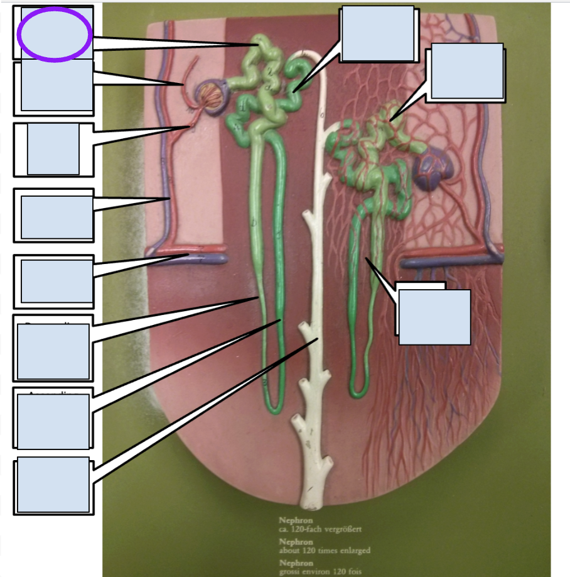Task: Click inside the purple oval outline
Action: click(x=55, y=34)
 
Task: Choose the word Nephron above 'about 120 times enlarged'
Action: click(x=296, y=541)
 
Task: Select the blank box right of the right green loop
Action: click(x=434, y=317)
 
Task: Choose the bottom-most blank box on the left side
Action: click(x=53, y=485)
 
